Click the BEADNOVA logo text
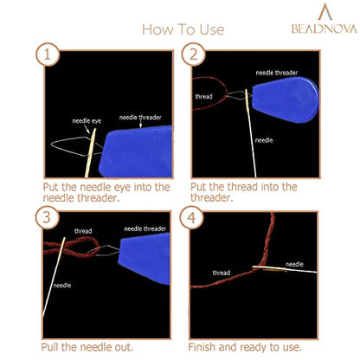click(x=325, y=29)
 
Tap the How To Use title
click(x=183, y=29)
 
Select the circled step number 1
click(x=48, y=55)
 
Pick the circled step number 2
click(x=193, y=55)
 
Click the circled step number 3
click(x=47, y=217)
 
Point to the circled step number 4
click(x=191, y=217)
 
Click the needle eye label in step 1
click(x=87, y=121)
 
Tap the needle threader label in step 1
click(x=140, y=118)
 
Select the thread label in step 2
click(x=203, y=96)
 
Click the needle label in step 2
click(x=264, y=140)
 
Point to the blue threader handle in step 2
click(x=286, y=100)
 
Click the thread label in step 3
click(x=83, y=231)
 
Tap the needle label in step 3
click(x=62, y=286)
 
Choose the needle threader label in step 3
click(x=145, y=229)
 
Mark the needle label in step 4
click(x=294, y=264)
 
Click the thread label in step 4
click(x=222, y=273)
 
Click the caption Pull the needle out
click(x=87, y=347)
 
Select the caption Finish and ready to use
click(x=245, y=347)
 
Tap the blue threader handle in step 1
click(x=136, y=151)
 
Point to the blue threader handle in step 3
click(x=145, y=259)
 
